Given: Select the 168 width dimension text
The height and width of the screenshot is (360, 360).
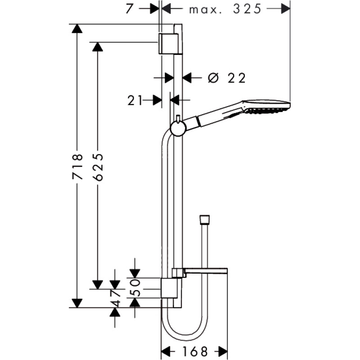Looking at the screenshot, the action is click(195, 351).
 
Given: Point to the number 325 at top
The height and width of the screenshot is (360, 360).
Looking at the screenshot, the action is click(247, 9).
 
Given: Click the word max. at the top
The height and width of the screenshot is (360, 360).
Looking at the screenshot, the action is click(206, 10).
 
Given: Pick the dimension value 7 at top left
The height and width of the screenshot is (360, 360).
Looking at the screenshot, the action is click(130, 9).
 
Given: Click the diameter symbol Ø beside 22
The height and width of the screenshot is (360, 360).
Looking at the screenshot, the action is click(212, 78).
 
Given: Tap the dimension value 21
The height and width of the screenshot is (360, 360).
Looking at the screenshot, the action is click(135, 100).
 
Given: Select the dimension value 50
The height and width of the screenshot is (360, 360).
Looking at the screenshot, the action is click(135, 288).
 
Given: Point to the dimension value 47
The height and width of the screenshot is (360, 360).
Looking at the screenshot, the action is click(115, 298).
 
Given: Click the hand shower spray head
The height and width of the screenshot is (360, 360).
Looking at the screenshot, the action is click(267, 106).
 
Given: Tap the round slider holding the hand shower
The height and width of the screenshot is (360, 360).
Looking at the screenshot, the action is click(178, 129).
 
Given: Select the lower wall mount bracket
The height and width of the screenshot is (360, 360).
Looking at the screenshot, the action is click(169, 288).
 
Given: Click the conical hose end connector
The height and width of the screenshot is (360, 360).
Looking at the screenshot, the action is click(204, 219).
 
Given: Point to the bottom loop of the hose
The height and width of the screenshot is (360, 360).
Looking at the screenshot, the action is click(185, 337).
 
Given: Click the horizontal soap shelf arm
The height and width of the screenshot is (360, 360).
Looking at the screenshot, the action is click(206, 270).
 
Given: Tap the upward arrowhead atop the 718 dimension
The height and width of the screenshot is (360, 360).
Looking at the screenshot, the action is click(77, 29).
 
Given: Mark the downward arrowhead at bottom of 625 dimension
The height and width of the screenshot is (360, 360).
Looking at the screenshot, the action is click(97, 285).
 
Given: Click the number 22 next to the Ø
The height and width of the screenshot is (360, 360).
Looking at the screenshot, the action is click(237, 78).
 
